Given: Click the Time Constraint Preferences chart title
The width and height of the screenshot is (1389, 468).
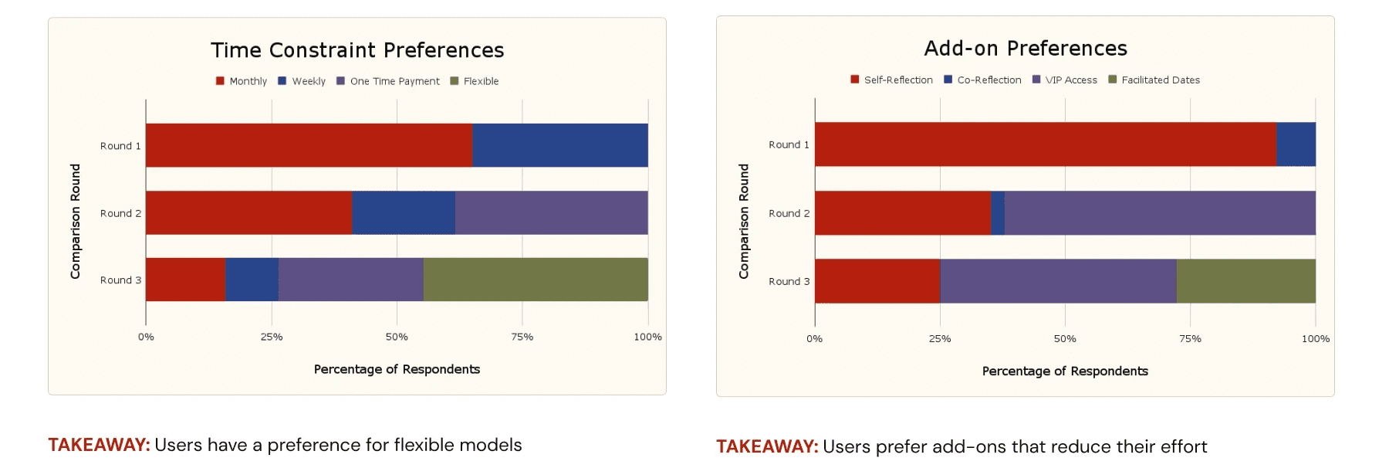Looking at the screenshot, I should click(357, 50).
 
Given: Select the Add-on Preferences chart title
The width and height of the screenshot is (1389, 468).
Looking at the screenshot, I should click(1026, 49).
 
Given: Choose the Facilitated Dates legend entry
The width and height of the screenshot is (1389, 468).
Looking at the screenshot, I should click(1154, 80).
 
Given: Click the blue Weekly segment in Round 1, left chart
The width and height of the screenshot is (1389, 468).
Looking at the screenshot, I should click(559, 145).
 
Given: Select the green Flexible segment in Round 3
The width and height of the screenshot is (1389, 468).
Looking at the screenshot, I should click(536, 280).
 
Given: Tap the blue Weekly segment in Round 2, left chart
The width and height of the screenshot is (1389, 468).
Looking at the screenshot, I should click(403, 212).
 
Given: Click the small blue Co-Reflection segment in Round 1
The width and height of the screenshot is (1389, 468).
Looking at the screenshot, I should click(1296, 144).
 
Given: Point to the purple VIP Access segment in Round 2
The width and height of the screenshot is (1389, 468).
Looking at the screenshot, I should click(1159, 213).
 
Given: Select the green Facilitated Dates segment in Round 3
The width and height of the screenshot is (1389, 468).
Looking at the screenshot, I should click(1245, 281).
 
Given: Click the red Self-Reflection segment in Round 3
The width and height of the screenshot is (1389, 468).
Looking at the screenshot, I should click(877, 281).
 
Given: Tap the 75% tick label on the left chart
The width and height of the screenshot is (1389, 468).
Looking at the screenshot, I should click(522, 337).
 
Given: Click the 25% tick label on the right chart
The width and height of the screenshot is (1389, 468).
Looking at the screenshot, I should click(939, 338).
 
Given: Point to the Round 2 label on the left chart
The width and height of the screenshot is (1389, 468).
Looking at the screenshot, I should click(120, 213).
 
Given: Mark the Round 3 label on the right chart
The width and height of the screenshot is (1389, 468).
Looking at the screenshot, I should click(789, 281).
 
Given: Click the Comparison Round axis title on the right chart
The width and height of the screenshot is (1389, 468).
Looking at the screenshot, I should click(744, 221).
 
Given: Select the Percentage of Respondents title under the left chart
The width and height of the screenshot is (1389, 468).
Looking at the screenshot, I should click(397, 369).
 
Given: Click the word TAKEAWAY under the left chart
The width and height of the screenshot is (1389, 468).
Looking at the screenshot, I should click(99, 445).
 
